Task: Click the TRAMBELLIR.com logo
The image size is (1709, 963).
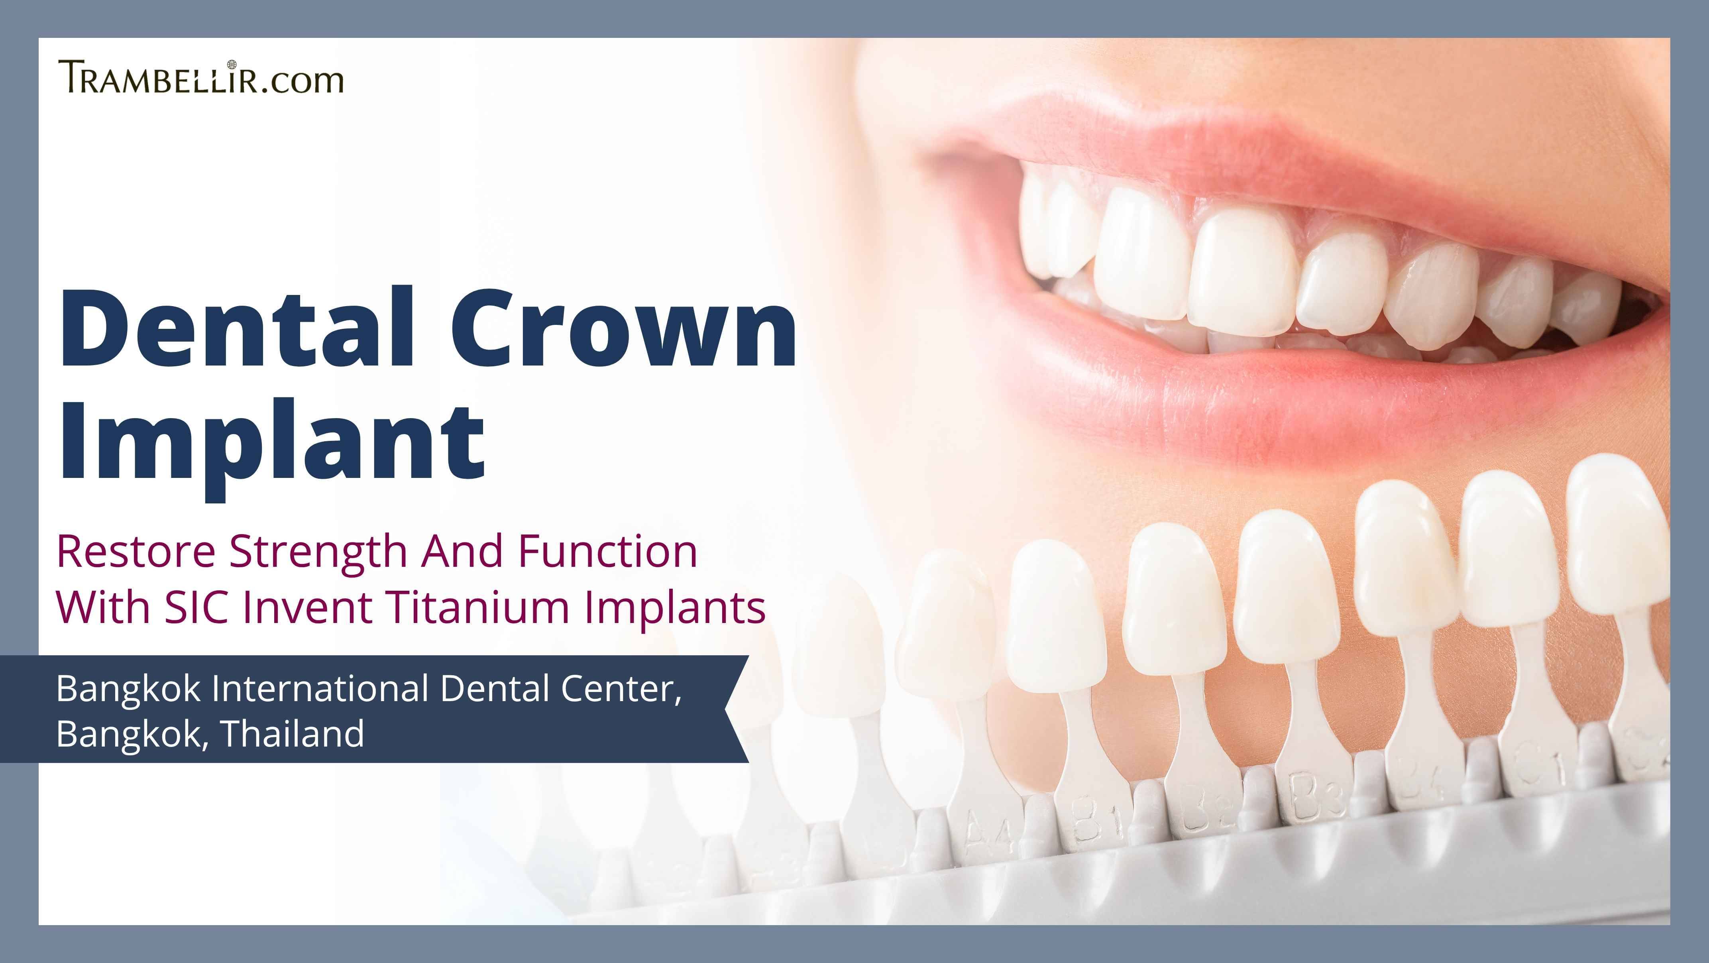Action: (201, 77)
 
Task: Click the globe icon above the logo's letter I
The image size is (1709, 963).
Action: (232, 65)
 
